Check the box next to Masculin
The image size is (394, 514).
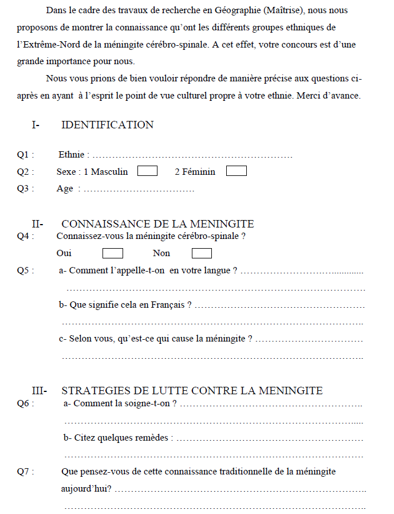click(148, 171)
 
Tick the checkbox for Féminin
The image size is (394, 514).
click(237, 171)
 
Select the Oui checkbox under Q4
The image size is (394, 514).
click(113, 253)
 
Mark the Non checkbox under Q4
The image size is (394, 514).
click(202, 253)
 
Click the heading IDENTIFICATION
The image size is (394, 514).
click(107, 125)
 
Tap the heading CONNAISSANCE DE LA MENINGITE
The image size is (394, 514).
click(157, 224)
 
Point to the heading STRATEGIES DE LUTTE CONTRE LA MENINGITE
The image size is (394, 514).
click(192, 391)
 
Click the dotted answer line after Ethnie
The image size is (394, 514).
click(192, 155)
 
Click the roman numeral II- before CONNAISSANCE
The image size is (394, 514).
click(39, 224)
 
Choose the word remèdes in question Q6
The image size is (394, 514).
click(154, 438)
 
